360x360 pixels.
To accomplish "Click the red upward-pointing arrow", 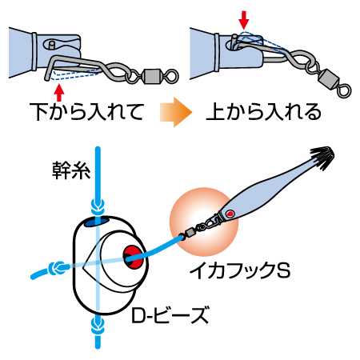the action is (59, 92).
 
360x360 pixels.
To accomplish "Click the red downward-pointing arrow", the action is (244, 20).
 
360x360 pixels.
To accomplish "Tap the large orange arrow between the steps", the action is (176, 112).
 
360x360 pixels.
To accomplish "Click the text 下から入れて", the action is (87, 111).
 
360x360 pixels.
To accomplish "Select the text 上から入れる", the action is (263, 111).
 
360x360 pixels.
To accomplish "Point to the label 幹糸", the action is (71, 170).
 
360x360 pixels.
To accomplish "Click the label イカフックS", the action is (240, 270).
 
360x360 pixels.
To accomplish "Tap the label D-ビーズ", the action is (170, 315).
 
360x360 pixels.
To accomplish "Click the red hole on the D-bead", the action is (133, 257).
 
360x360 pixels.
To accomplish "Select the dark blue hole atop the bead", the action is (97, 222).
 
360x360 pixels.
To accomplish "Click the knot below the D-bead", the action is (98, 326).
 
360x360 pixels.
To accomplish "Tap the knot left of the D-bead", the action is (58, 268).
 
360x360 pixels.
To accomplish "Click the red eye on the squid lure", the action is (230, 214).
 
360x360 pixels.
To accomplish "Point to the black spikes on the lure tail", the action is (322, 157).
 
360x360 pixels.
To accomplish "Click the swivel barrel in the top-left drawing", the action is (152, 76).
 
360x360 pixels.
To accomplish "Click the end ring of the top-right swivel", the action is (344, 91).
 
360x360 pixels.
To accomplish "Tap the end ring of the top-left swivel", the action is (171, 76).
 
